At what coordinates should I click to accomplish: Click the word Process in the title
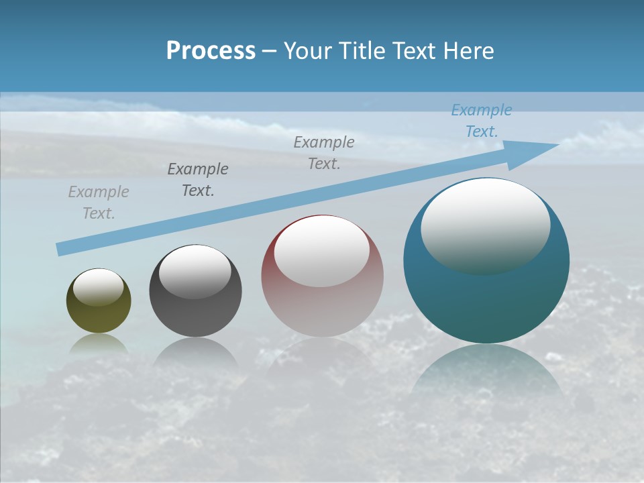211,51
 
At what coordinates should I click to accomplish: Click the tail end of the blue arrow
60,250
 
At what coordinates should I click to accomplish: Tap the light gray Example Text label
99,203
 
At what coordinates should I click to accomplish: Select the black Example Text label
198,180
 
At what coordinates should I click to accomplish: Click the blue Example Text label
482,121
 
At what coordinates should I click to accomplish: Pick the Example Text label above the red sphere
324,153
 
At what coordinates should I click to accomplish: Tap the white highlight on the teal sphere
485,225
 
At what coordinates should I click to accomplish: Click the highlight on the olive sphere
98,286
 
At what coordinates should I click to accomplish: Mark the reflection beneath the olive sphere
99,343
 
